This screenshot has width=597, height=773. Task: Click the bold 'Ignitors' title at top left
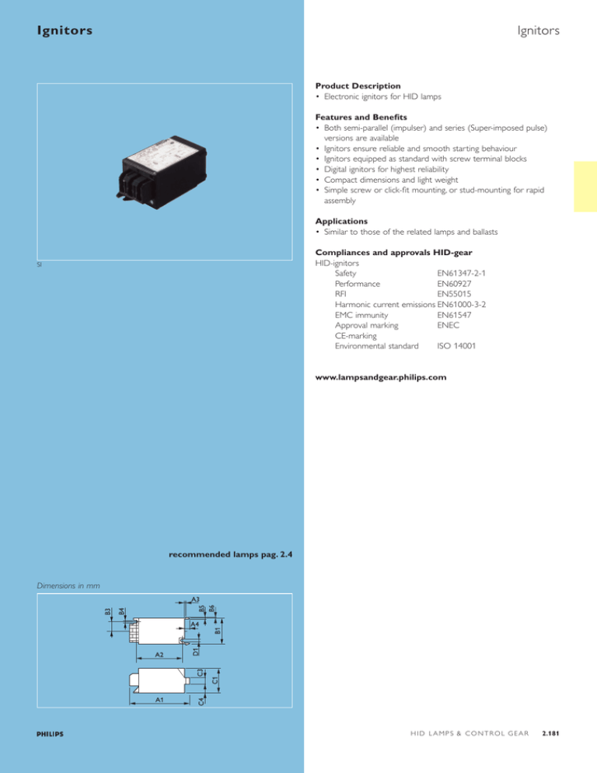tap(65, 31)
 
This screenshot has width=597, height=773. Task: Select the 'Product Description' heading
tap(358, 85)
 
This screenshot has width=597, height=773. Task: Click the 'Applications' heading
tap(347, 221)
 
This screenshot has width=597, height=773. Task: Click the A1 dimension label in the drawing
tap(159, 700)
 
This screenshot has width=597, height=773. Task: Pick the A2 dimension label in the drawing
tap(159, 656)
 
